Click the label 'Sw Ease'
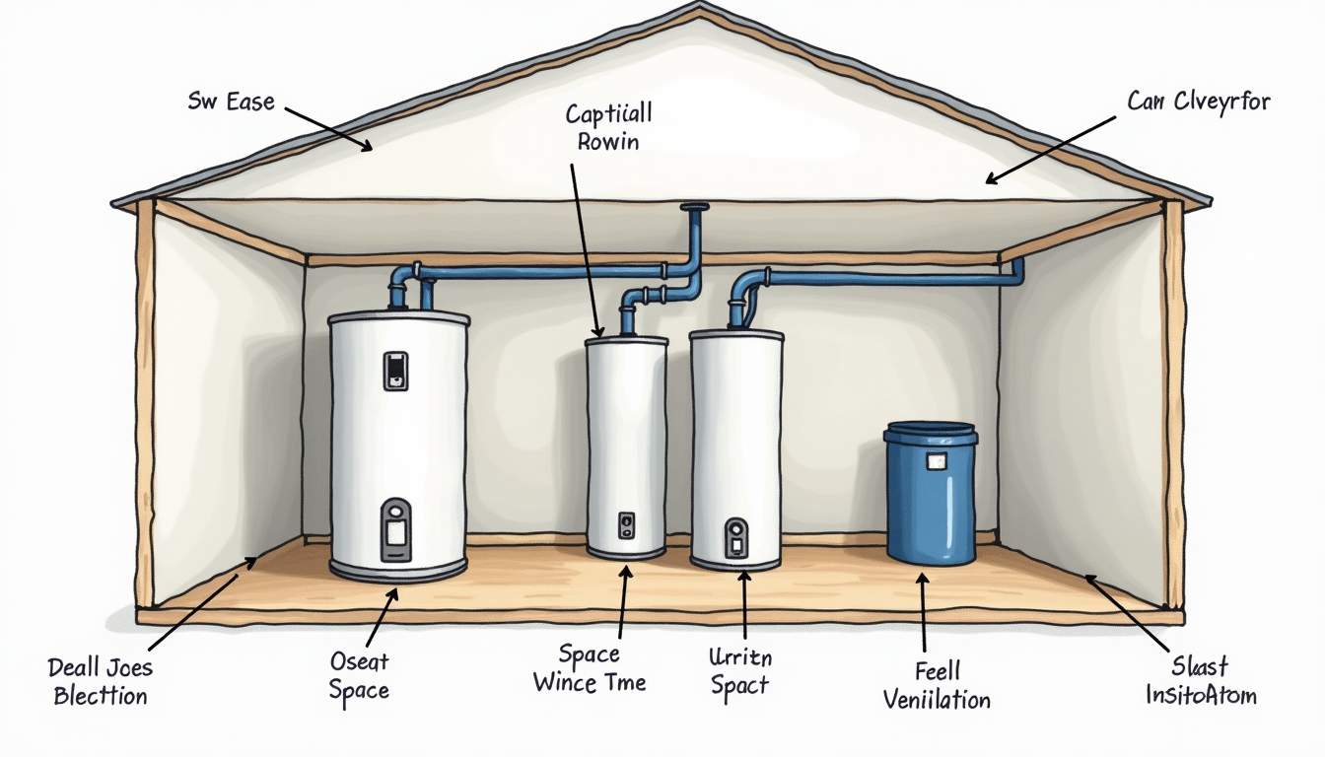click(x=231, y=102)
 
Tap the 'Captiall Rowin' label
click(x=608, y=127)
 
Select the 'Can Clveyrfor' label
click(x=1198, y=101)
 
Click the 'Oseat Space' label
click(x=359, y=676)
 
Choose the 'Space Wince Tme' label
click(x=590, y=668)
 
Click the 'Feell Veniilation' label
click(x=937, y=686)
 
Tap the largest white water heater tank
click(x=399, y=444)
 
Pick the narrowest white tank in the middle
click(x=626, y=448)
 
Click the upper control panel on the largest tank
click(x=395, y=371)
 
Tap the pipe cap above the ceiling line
click(x=694, y=208)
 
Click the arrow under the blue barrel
click(x=924, y=611)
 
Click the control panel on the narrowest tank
click(x=626, y=524)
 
